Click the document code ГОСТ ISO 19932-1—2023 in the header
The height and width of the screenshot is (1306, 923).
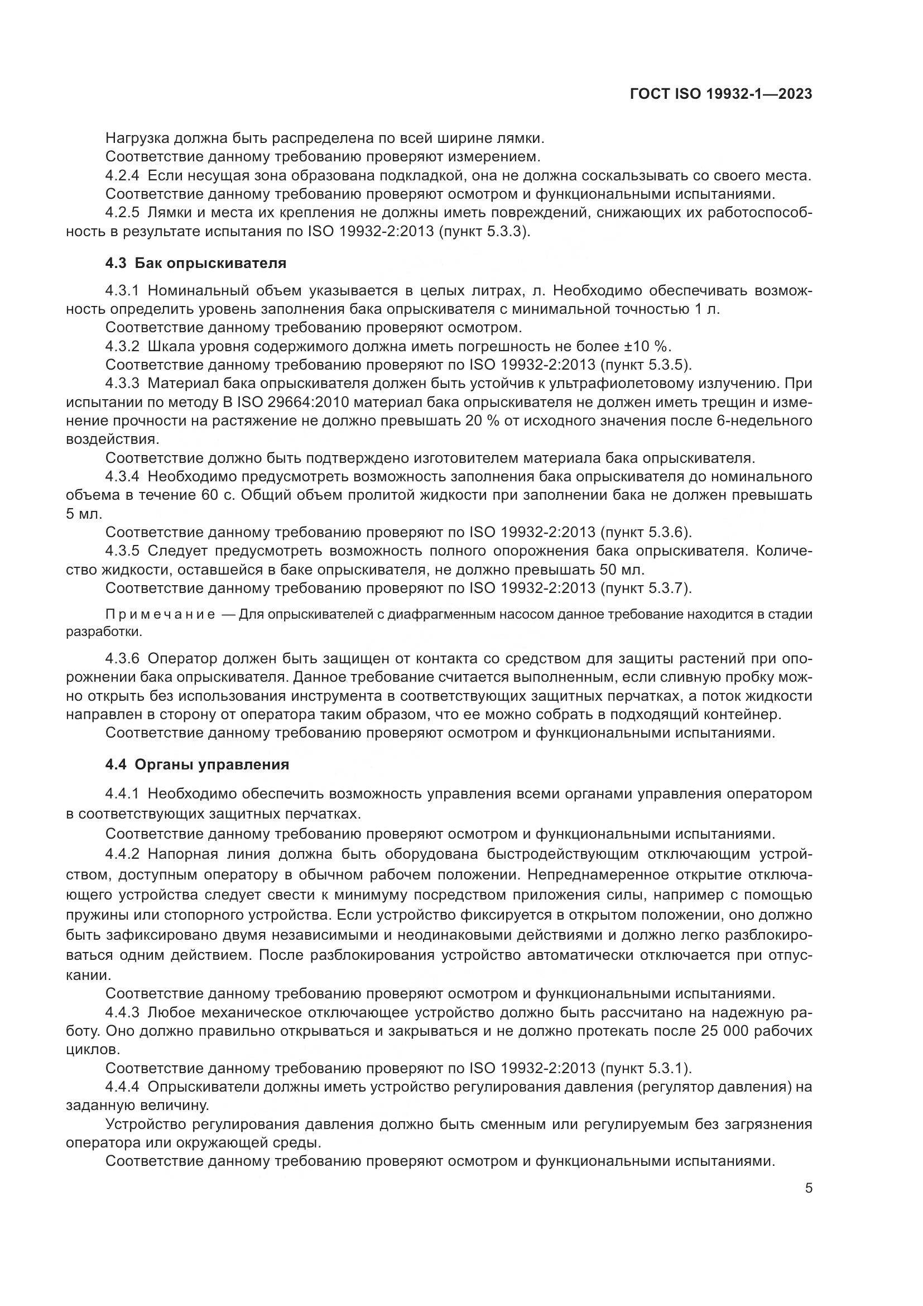pos(720,94)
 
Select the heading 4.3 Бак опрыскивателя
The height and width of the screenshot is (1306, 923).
pos(195,264)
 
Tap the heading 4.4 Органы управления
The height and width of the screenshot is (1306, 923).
pos(197,764)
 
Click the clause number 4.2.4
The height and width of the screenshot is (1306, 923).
pos(122,176)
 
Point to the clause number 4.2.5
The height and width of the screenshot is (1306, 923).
pos(122,213)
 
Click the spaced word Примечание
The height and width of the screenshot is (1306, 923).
pos(160,615)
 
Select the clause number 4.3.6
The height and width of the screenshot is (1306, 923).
pos(122,659)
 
